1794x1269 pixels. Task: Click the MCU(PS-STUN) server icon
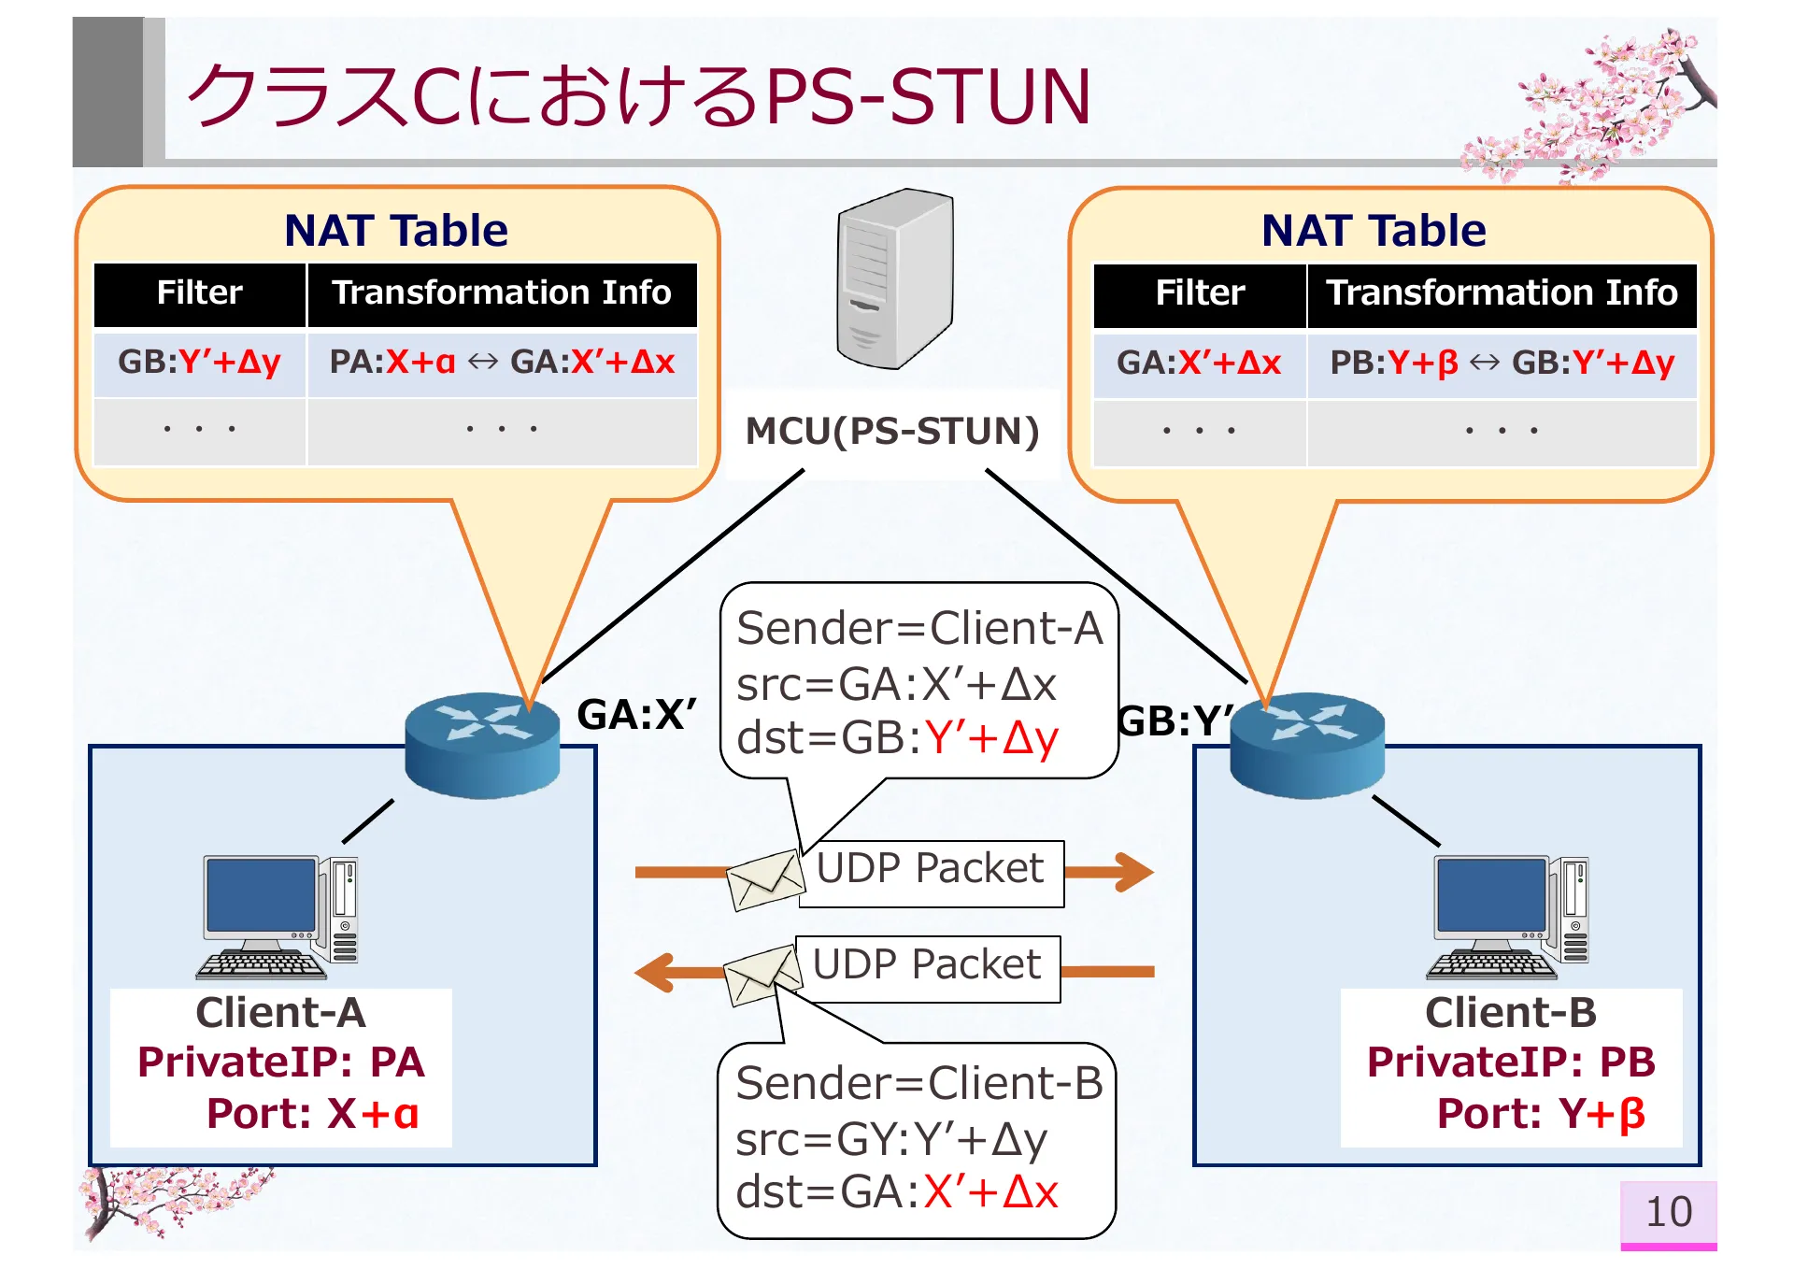(x=894, y=279)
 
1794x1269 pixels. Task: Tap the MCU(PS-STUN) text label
(x=891, y=432)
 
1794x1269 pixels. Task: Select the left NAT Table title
(x=396, y=231)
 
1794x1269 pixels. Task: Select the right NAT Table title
(x=1374, y=231)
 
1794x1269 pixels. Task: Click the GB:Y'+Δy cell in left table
(x=199, y=363)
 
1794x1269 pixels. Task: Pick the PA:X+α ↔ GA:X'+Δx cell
(x=502, y=363)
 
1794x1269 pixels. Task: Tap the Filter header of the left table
(x=199, y=293)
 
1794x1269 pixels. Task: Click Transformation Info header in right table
(x=1502, y=293)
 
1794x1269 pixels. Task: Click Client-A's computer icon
(x=278, y=917)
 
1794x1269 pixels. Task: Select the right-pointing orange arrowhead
(x=1132, y=872)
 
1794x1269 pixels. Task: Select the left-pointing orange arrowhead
(x=656, y=972)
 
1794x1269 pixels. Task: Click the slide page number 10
(x=1668, y=1212)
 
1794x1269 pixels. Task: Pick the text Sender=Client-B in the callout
(x=918, y=1084)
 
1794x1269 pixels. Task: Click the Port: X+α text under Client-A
(x=313, y=1114)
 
